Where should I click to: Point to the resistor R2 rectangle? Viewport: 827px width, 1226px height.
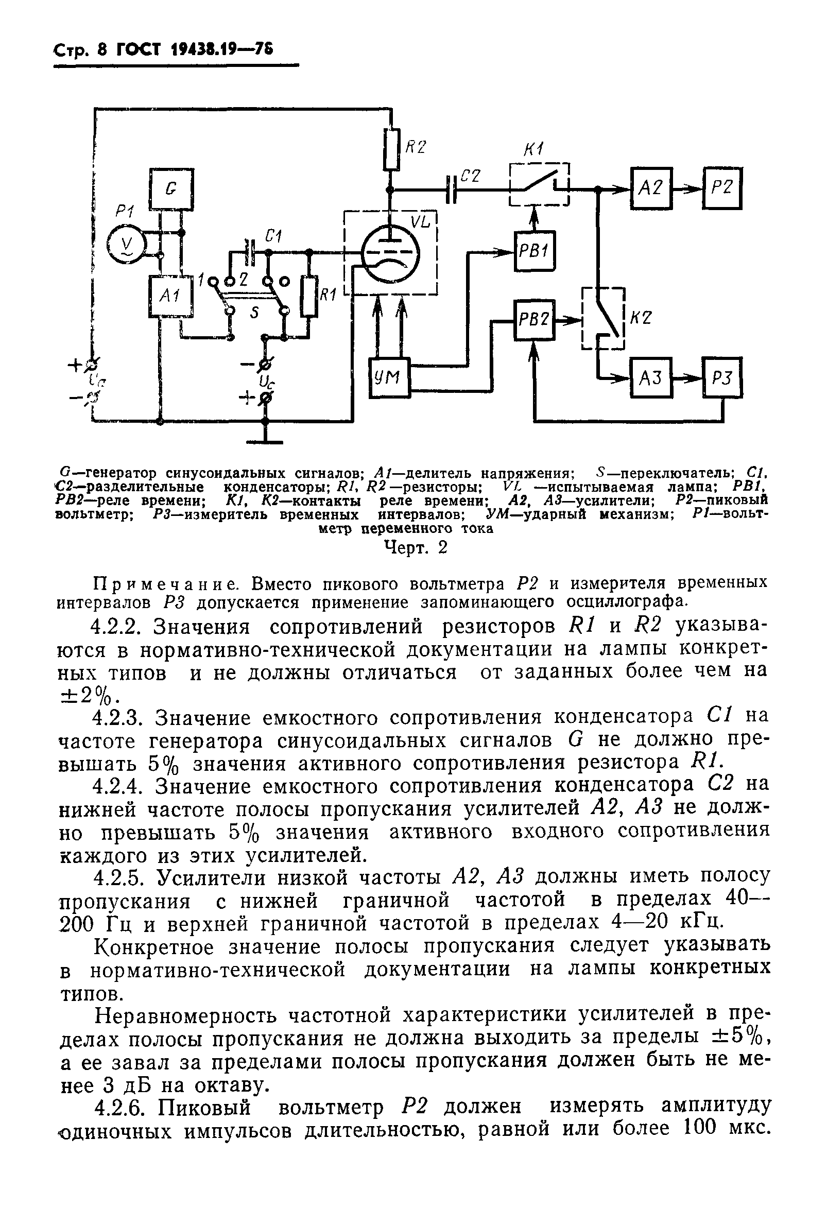click(391, 149)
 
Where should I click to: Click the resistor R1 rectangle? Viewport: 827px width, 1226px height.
click(309, 297)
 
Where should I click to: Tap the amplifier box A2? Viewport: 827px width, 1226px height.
click(651, 188)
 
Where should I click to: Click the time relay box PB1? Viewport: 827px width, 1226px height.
click(535, 251)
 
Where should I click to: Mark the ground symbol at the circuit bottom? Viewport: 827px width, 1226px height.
click(265, 440)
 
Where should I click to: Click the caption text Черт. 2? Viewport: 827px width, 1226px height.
click(416, 548)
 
